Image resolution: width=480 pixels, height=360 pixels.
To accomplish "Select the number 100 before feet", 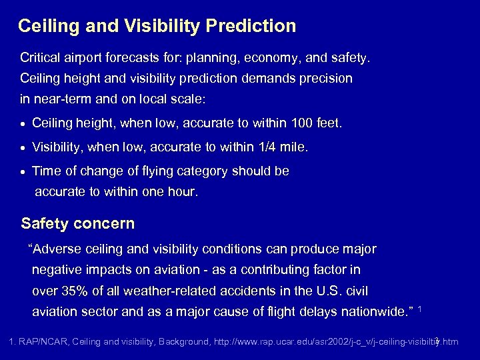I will tap(299, 123).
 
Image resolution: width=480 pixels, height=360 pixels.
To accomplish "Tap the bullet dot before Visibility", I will tap(24, 147).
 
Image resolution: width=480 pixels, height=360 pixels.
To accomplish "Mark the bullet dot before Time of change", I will tap(24, 171).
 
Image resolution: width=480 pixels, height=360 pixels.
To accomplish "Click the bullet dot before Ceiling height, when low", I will tap(24, 124).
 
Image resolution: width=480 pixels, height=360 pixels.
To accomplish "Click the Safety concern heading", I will tap(78, 223).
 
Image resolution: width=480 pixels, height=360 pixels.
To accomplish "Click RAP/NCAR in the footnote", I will tap(43, 342).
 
